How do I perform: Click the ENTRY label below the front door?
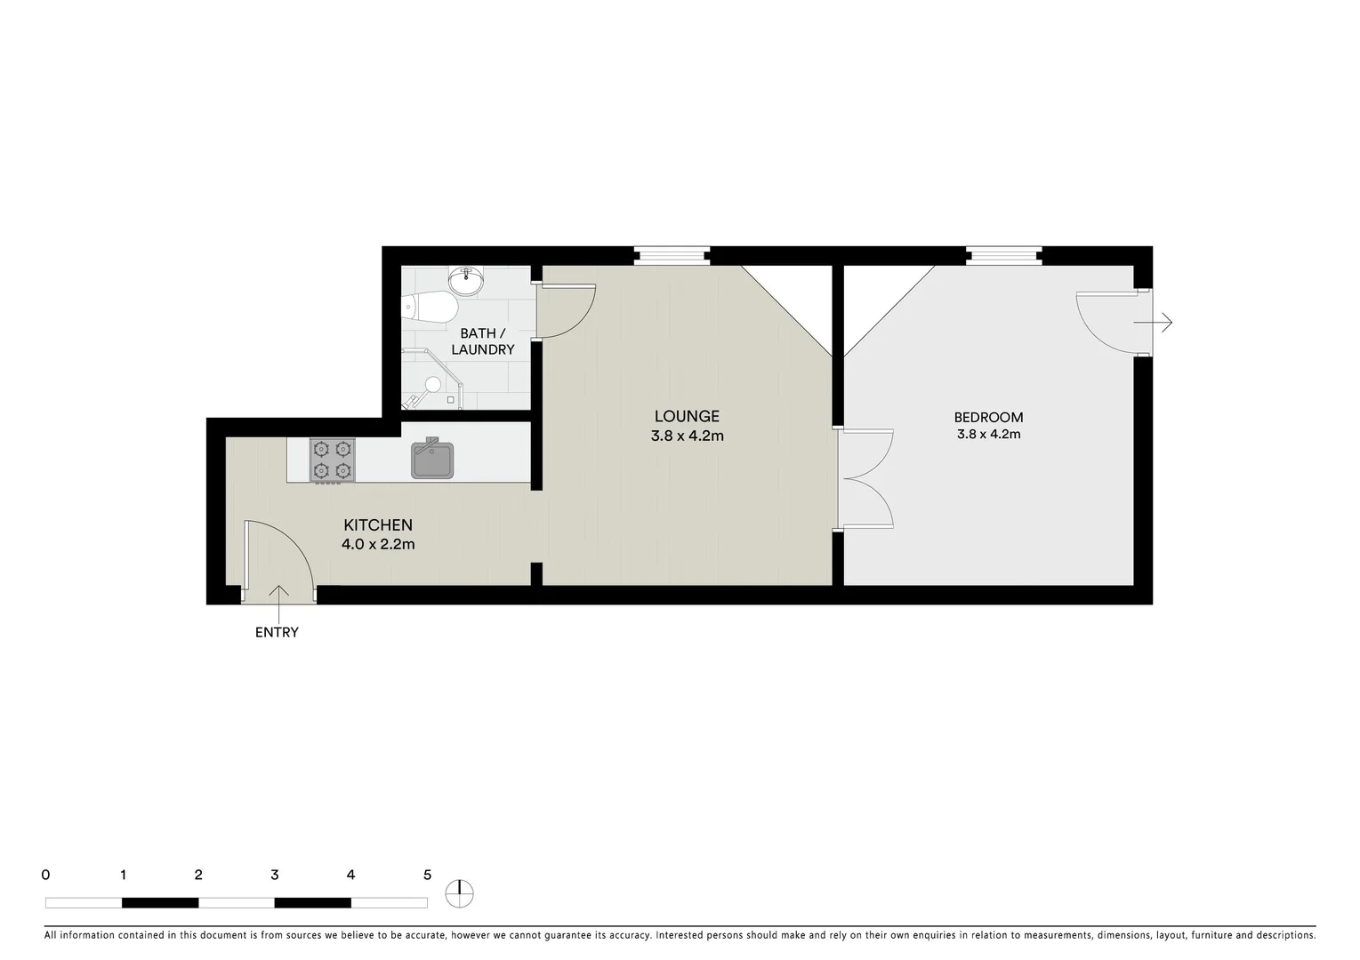[277, 633]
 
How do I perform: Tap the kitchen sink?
[432, 460]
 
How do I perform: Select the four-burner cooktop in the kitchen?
[332, 460]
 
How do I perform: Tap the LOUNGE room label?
[687, 416]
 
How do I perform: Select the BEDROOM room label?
[988, 417]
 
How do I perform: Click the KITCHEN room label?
[378, 525]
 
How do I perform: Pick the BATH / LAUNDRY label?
[482, 341]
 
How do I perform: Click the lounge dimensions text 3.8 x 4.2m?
[687, 436]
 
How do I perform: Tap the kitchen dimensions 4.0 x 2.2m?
[378, 544]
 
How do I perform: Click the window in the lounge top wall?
[672, 256]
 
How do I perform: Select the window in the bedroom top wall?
[1004, 256]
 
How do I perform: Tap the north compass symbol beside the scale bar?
[460, 893]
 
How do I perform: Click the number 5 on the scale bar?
[427, 875]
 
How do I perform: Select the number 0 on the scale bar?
[45, 875]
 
